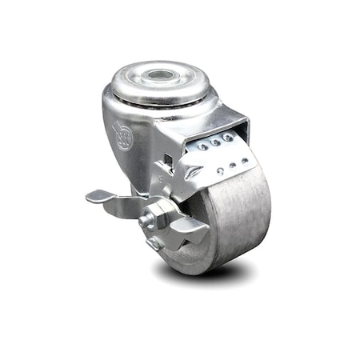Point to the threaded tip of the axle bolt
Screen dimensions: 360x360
(146, 220)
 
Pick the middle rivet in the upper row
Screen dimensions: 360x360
(215, 142)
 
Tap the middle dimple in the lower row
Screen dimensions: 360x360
(231, 167)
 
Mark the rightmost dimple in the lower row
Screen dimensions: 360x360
(243, 162)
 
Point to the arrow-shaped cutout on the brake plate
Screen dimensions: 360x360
(193, 170)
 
